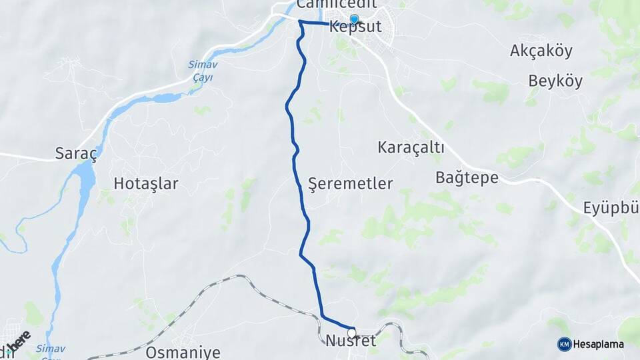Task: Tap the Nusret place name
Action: point(351,341)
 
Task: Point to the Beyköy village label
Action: point(555,82)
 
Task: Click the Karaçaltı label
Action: point(411,147)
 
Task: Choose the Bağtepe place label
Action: point(467,177)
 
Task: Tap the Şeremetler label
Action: point(351,184)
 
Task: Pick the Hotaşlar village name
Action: point(146,184)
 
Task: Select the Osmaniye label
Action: point(183,353)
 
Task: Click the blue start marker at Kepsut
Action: point(354,19)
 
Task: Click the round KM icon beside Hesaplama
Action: point(564,344)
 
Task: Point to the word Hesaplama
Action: point(598,345)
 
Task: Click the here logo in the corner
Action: point(19,341)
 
